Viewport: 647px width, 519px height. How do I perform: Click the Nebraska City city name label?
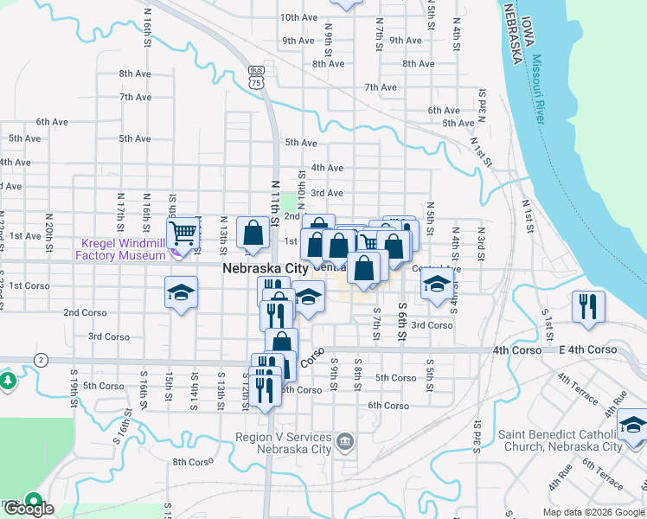265,269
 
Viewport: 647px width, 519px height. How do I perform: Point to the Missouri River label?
542,89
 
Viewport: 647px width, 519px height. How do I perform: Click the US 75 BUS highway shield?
255,77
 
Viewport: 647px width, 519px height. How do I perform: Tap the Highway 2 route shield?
41,359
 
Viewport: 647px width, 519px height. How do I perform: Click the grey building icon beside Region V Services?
345,443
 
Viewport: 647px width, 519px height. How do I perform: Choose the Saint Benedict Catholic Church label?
560,440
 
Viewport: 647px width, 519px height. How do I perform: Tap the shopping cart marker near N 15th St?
183,234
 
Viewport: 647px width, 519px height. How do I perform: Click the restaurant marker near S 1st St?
587,307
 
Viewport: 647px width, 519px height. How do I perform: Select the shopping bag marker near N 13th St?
252,234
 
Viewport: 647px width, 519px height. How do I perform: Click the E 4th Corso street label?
587,349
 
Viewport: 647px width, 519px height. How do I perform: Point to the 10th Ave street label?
298,17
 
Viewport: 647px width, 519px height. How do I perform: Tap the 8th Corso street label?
192,462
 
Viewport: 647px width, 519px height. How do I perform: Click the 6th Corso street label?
388,405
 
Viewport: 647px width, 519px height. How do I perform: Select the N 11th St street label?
275,203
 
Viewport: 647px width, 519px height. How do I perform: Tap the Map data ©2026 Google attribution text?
593,512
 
